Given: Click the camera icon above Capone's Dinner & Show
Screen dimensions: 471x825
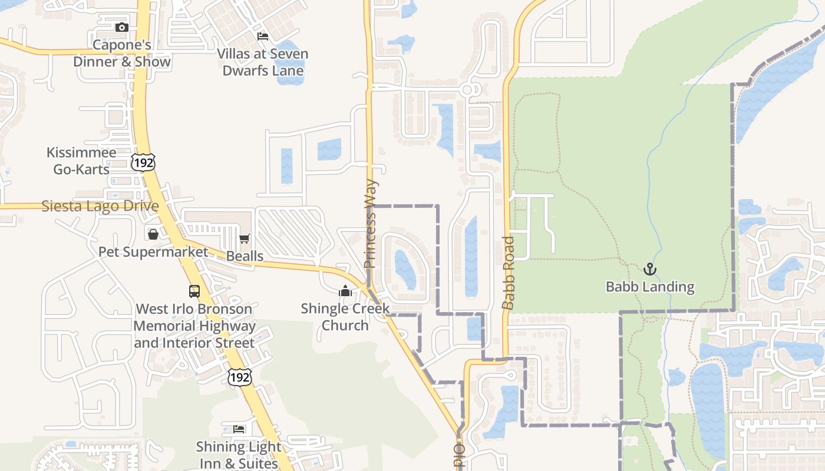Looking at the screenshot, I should click(x=121, y=27).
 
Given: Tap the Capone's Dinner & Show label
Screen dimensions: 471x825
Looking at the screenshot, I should click(x=122, y=53).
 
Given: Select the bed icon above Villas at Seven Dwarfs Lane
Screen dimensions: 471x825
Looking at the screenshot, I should click(x=263, y=37).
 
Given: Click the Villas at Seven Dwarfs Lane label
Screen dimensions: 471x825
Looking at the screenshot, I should click(x=262, y=62).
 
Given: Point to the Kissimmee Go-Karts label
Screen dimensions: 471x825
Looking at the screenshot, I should click(x=81, y=161).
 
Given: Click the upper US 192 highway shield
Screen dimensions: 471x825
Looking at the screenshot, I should click(x=143, y=163).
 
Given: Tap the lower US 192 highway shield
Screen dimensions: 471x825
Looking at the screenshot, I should click(x=240, y=377).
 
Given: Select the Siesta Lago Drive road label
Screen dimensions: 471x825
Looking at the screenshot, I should click(x=100, y=206).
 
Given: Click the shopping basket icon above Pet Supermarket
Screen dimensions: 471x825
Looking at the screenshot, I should click(x=153, y=234).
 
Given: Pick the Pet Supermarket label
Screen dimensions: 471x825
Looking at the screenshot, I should click(x=153, y=252).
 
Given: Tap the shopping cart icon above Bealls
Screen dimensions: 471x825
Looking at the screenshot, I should click(x=245, y=238).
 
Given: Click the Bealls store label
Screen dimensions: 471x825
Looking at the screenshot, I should click(x=245, y=256).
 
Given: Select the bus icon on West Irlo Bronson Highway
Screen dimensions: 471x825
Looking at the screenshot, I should click(x=194, y=291).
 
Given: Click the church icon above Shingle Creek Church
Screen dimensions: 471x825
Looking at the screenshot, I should click(x=345, y=291).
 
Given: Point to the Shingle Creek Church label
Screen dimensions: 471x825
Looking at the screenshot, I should click(x=345, y=317).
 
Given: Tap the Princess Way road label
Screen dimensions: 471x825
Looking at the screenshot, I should click(x=370, y=224).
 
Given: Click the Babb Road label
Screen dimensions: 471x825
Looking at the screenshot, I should click(x=509, y=273).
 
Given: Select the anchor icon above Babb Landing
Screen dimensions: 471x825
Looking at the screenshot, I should click(x=649, y=269).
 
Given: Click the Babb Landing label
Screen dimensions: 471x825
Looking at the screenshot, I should click(x=650, y=287).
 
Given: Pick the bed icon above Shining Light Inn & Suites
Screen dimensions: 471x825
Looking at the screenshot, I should click(x=239, y=429).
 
